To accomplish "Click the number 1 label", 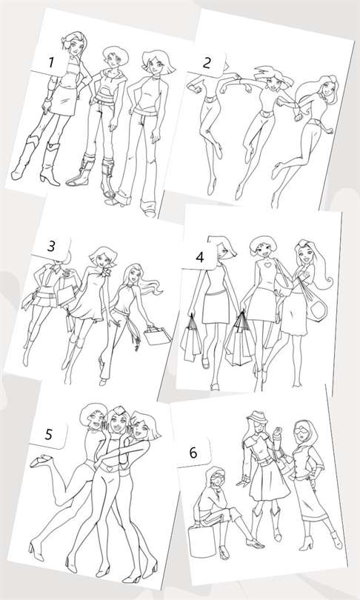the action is tap(50, 62).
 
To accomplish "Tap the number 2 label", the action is tap(206, 63).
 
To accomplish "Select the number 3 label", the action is tap(51, 246).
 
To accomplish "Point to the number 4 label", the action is tap(200, 257).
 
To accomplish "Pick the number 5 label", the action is tap(49, 434).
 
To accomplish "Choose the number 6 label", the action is tap(193, 453).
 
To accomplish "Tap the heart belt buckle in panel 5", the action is tap(110, 467).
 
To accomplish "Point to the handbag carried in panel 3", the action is tap(157, 335).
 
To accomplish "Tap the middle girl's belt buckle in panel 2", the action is tap(263, 113).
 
